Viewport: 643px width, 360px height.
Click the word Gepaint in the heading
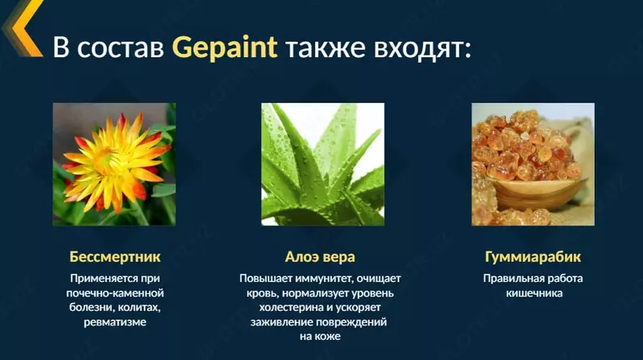tap(225, 47)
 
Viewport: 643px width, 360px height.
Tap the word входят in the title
tap(420, 47)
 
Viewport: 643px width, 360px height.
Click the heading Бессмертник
tap(115, 257)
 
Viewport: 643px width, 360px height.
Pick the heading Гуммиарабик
tap(533, 257)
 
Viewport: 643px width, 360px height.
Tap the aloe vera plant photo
tap(322, 164)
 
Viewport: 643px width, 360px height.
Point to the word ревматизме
tap(115, 322)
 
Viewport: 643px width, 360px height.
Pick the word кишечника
tap(533, 293)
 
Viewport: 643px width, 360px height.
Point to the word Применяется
tap(103, 279)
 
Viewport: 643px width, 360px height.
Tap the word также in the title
tap(325, 47)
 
